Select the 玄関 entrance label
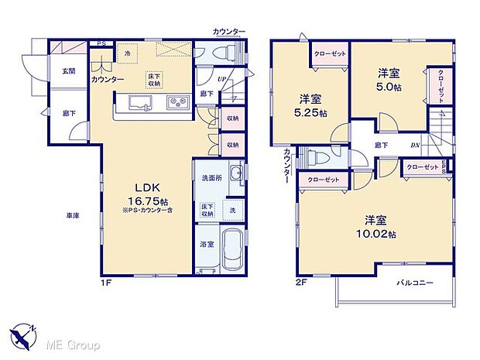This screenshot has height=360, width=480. coord(69,71)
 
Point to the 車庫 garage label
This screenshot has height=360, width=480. coord(71,215)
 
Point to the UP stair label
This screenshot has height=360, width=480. coord(221,79)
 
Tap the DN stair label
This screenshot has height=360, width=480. coord(415,144)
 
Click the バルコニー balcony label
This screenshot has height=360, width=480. coord(414,283)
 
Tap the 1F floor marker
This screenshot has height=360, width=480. coord(106,283)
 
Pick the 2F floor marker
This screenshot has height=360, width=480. coord(301,283)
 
